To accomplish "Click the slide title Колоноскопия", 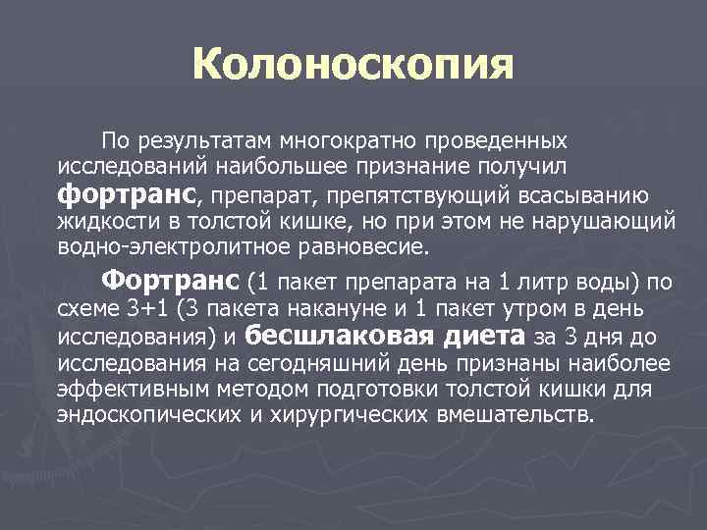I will tap(353, 66).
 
